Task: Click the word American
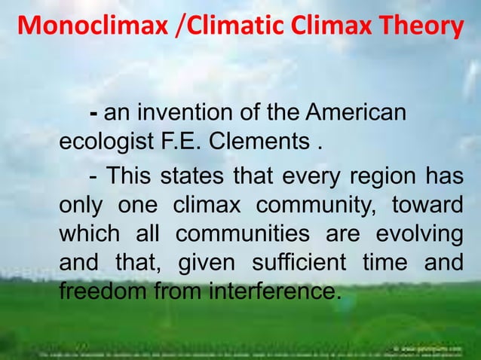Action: pos(355,114)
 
